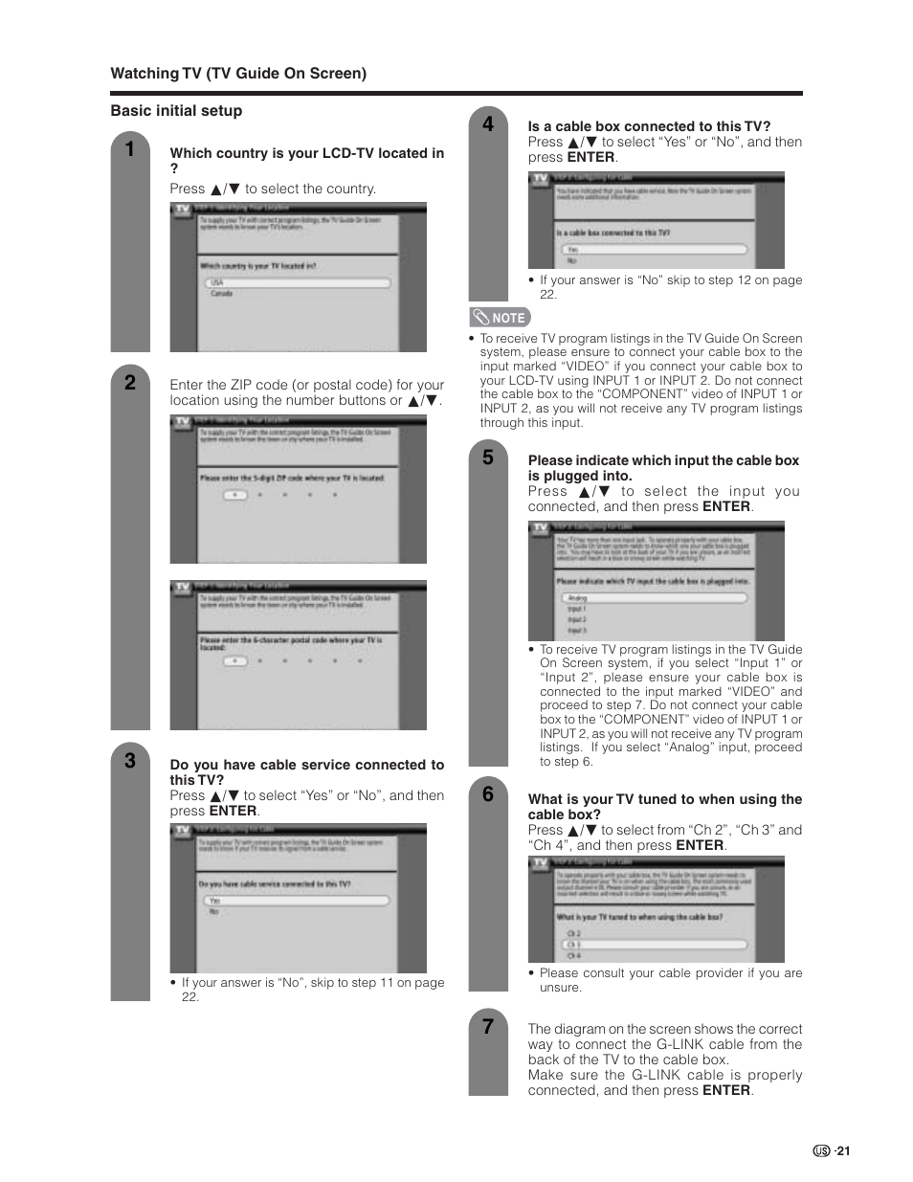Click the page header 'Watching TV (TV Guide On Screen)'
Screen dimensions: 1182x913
click(238, 74)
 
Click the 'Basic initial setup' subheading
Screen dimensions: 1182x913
click(176, 111)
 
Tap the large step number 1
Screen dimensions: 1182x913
click(130, 149)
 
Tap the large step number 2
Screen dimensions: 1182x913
click(130, 383)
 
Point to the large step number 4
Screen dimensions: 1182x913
click(488, 123)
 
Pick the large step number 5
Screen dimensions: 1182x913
click(488, 457)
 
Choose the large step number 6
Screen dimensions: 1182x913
click(488, 794)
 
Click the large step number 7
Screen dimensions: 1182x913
click(488, 1027)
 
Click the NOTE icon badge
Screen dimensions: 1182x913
click(500, 318)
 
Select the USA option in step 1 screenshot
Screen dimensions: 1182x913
click(218, 283)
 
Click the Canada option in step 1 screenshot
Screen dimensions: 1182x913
click(222, 294)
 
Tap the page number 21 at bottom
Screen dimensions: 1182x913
click(843, 1151)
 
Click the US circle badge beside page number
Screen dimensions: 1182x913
click(821, 1151)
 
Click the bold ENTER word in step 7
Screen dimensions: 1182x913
click(725, 1091)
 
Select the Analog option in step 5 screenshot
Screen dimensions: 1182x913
click(578, 598)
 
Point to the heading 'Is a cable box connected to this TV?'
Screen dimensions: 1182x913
click(649, 126)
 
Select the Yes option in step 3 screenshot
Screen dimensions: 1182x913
click(215, 901)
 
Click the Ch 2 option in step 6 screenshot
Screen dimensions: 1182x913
click(573, 933)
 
